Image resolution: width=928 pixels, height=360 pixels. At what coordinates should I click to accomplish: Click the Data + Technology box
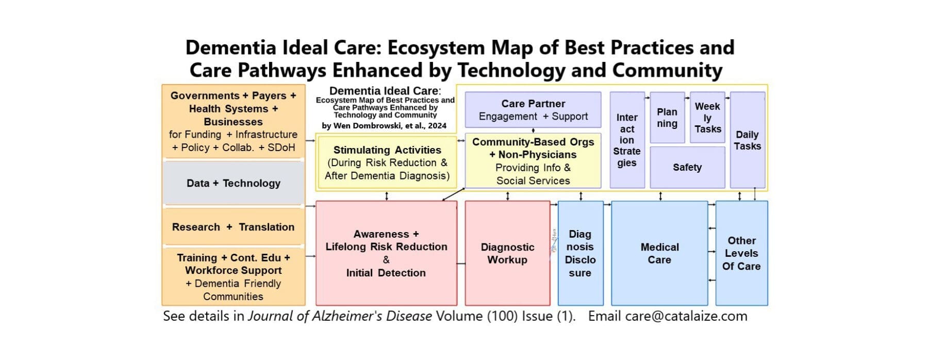tap(233, 183)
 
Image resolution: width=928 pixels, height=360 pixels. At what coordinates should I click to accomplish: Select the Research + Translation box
tap(233, 227)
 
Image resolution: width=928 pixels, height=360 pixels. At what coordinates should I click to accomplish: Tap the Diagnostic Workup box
tap(507, 253)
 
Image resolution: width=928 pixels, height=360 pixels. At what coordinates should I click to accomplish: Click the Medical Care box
tap(659, 253)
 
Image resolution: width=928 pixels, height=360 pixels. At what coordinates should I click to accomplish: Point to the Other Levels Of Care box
tap(741, 253)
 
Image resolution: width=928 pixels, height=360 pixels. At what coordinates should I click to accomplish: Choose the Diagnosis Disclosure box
tap(581, 253)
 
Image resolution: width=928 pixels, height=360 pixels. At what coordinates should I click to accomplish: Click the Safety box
tap(687, 167)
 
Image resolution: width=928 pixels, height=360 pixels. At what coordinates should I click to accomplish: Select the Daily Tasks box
tap(748, 140)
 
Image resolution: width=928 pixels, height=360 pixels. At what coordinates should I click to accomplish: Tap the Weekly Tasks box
tap(707, 118)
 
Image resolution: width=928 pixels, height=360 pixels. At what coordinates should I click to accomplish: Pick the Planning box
tap(667, 118)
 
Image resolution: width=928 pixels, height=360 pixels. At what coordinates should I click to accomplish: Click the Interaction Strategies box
tap(627, 140)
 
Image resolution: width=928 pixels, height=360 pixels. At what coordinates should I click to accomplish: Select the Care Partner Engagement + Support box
tap(533, 110)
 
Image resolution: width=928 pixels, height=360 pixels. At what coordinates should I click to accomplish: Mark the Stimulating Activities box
tap(387, 162)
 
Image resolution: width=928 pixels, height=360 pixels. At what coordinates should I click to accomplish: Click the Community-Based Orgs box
tap(533, 161)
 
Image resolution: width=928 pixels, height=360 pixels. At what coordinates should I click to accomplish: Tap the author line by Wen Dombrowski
tap(384, 125)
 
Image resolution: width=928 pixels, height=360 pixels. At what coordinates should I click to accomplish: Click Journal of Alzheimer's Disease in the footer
tap(340, 316)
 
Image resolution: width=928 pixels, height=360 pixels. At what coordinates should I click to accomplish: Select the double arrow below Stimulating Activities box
tap(387, 196)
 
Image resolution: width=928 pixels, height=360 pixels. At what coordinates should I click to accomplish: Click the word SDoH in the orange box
tap(281, 148)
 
